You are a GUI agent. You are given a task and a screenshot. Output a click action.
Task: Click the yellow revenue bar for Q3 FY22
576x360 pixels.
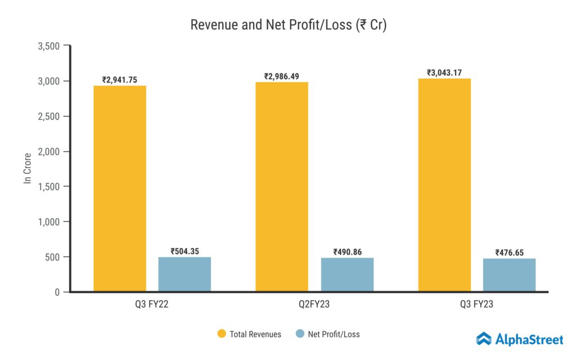(x=120, y=188)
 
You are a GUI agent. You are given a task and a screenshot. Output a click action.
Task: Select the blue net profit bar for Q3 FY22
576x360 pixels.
(x=184, y=274)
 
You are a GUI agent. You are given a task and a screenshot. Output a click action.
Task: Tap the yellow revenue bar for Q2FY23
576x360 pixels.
(x=282, y=187)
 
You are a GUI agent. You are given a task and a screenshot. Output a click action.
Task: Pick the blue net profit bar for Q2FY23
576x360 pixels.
(x=347, y=274)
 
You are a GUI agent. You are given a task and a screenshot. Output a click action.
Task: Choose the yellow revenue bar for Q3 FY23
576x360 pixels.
(x=444, y=185)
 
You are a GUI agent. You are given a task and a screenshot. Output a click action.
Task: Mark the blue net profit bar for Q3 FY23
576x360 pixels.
(x=509, y=275)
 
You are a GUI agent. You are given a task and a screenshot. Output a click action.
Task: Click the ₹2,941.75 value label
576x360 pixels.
(x=120, y=80)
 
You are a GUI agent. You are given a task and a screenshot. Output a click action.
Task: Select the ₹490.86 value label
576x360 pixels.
(x=347, y=252)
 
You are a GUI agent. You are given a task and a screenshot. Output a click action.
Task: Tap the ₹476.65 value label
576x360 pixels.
(x=509, y=253)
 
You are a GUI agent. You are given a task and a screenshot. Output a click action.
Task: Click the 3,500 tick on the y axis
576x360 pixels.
(x=48, y=46)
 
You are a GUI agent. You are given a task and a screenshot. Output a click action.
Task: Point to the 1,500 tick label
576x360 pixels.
(x=48, y=187)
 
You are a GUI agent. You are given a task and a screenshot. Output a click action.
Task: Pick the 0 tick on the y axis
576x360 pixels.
(x=57, y=292)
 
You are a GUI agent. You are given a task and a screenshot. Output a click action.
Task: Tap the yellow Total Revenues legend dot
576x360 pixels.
(x=222, y=334)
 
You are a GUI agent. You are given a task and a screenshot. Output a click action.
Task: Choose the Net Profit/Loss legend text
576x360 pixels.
(x=334, y=334)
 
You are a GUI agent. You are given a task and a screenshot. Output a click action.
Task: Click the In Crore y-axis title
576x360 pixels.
(x=27, y=168)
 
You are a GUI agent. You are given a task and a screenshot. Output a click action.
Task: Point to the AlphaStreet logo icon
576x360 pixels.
(x=484, y=339)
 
